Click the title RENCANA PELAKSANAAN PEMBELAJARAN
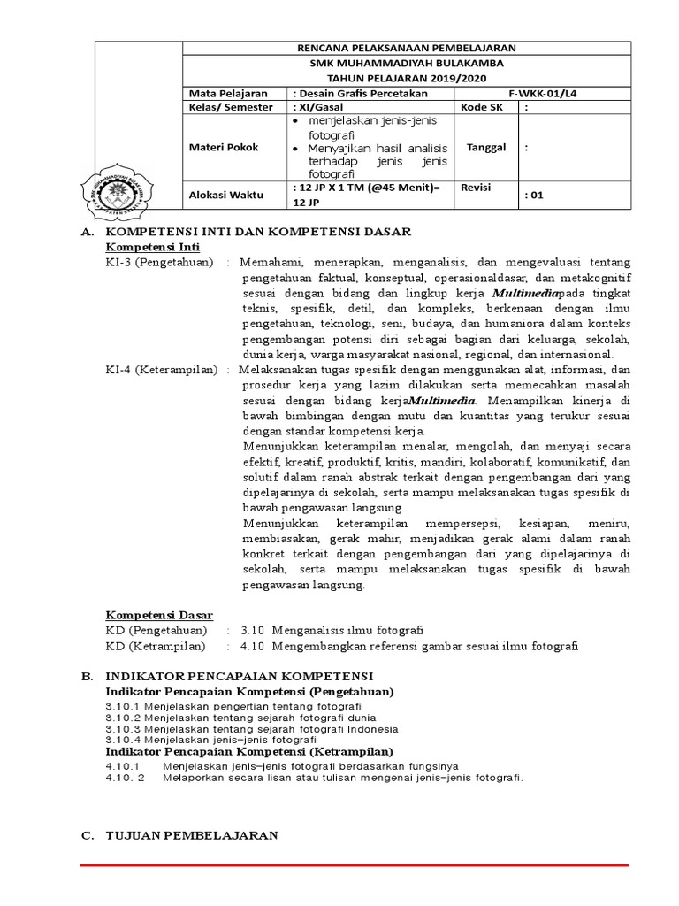click(408, 48)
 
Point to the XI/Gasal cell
click(318, 107)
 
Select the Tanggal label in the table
click(486, 148)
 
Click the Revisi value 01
click(534, 196)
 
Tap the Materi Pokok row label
click(225, 148)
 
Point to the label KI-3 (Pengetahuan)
click(159, 263)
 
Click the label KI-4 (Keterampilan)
click(162, 370)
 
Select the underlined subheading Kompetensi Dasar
click(159, 615)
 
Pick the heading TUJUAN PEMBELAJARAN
click(192, 834)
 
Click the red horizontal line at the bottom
click(354, 865)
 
